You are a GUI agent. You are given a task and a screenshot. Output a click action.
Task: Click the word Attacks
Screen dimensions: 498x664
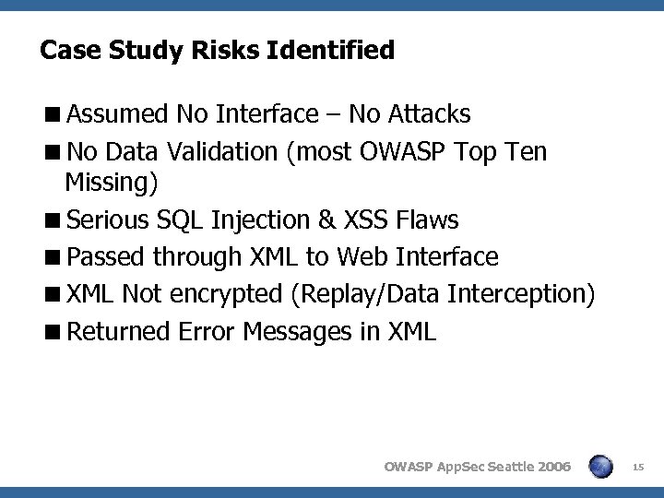pos(429,114)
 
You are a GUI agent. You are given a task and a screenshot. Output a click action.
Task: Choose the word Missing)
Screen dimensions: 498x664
pos(112,184)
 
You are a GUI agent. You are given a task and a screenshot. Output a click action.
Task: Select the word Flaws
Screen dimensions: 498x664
pos(427,220)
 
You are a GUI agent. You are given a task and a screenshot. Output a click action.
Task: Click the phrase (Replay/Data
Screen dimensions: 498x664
pos(365,293)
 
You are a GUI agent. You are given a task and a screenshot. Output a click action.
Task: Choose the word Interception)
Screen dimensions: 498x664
pos(522,293)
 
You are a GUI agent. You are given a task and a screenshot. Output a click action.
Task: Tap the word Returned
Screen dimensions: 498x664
pos(117,330)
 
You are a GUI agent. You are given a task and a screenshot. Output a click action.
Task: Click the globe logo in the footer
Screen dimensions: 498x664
pos(600,468)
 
